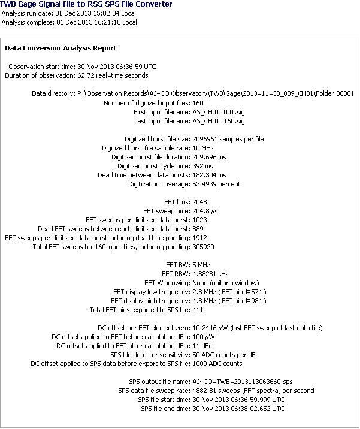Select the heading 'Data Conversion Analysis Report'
(60, 48)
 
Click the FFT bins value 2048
(201, 202)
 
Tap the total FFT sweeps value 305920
(204, 247)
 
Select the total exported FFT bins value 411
(198, 310)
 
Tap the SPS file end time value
(238, 409)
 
